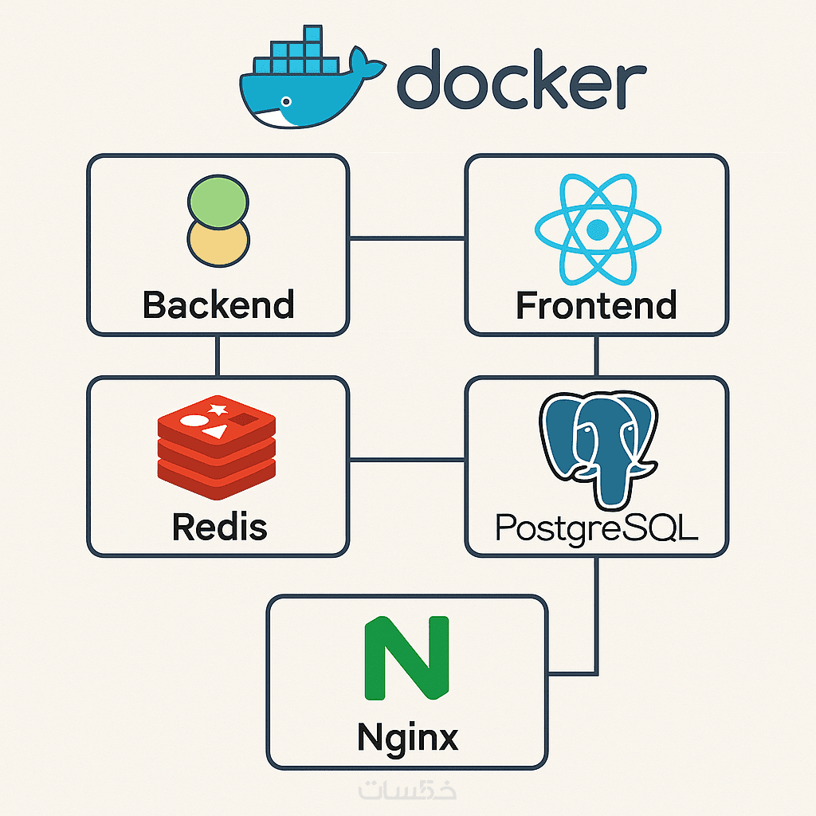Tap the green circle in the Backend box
click(218, 200)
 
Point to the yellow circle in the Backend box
click(218, 242)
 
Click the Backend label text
click(218, 304)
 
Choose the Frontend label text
click(597, 305)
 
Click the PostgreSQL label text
click(597, 528)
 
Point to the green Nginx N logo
click(406, 658)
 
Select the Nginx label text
click(408, 736)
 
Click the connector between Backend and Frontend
click(407, 237)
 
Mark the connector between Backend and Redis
click(217, 355)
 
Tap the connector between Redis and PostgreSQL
click(407, 460)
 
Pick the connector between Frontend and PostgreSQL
click(597, 355)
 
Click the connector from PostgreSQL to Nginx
click(597, 622)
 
